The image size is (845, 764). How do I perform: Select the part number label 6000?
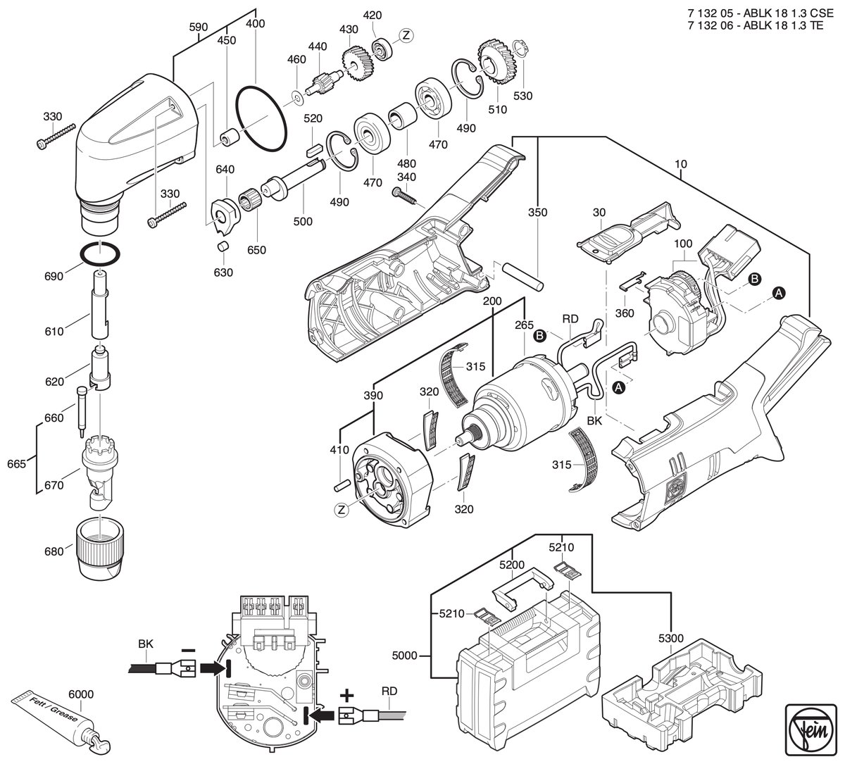(x=81, y=694)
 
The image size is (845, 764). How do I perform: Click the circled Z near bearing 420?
(x=406, y=36)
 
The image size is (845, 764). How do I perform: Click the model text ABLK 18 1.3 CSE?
(x=788, y=13)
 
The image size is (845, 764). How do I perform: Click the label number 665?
(x=17, y=463)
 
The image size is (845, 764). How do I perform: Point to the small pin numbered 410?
(x=342, y=484)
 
